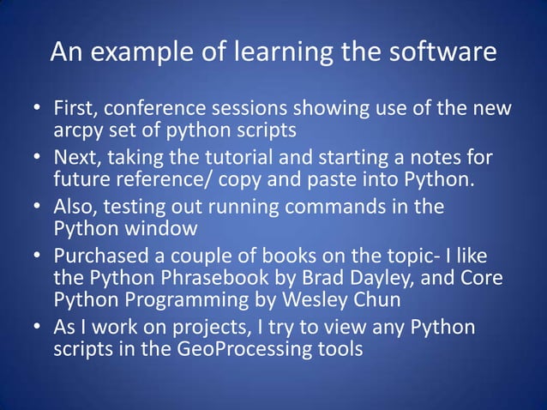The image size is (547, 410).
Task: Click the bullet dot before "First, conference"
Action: (39, 111)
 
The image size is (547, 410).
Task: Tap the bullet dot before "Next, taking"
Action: (39, 160)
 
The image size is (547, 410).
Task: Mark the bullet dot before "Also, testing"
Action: (39, 209)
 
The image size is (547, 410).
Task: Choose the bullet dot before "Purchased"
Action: (39, 258)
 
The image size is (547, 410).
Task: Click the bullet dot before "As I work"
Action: (39, 330)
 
